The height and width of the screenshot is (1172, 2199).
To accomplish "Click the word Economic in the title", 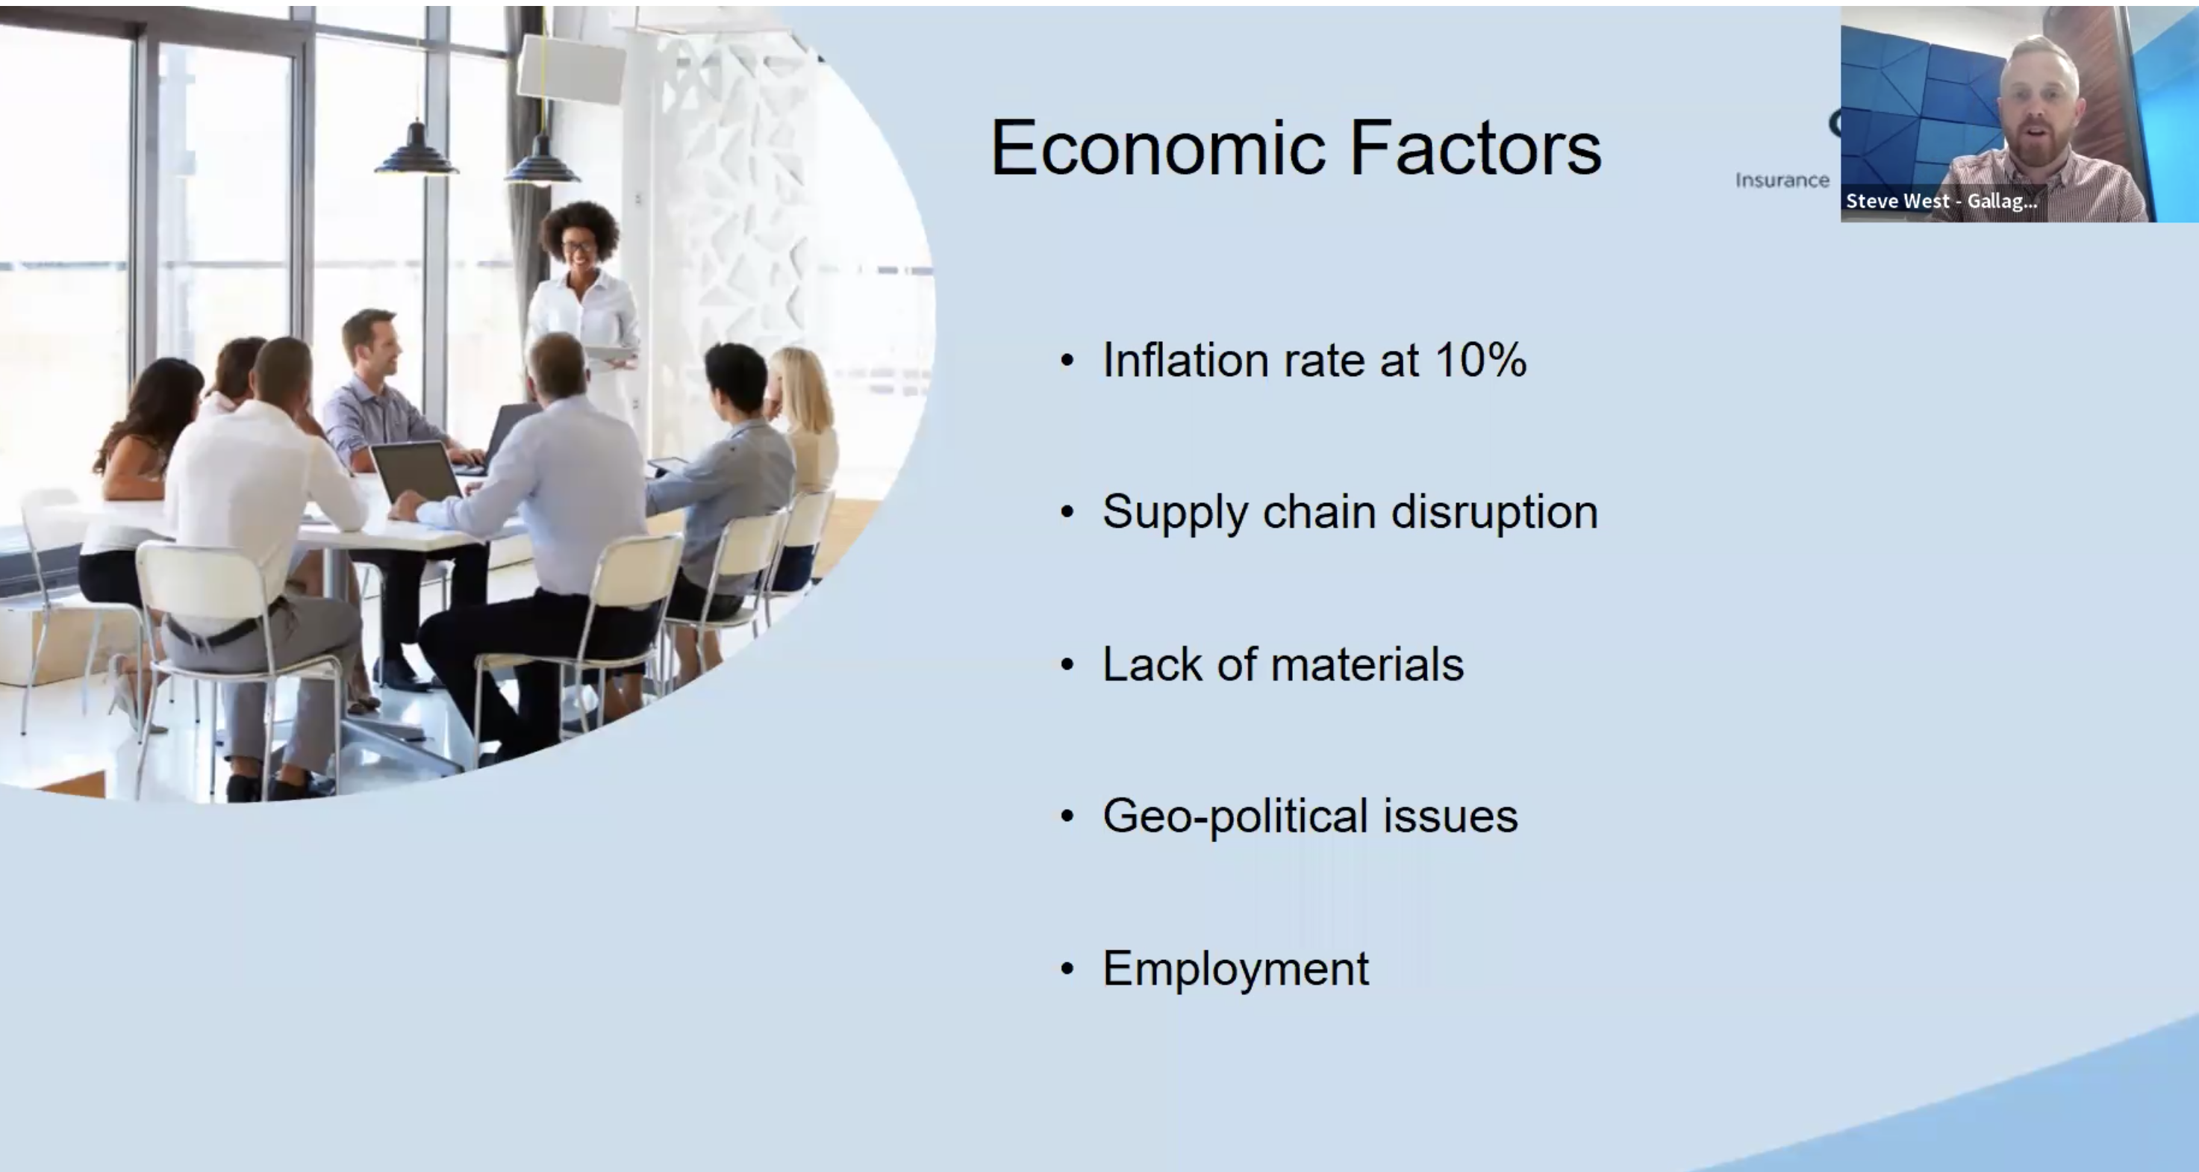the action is click(1159, 148).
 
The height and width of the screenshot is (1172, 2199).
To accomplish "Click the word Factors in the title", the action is click(1475, 148).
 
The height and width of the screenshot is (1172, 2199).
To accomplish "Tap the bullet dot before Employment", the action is click(1067, 969).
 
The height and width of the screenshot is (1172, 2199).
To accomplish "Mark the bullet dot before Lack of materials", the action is click(1067, 664).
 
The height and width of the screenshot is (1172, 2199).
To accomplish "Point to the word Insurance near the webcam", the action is click(1782, 180).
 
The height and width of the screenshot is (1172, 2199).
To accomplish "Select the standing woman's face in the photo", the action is click(580, 245).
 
